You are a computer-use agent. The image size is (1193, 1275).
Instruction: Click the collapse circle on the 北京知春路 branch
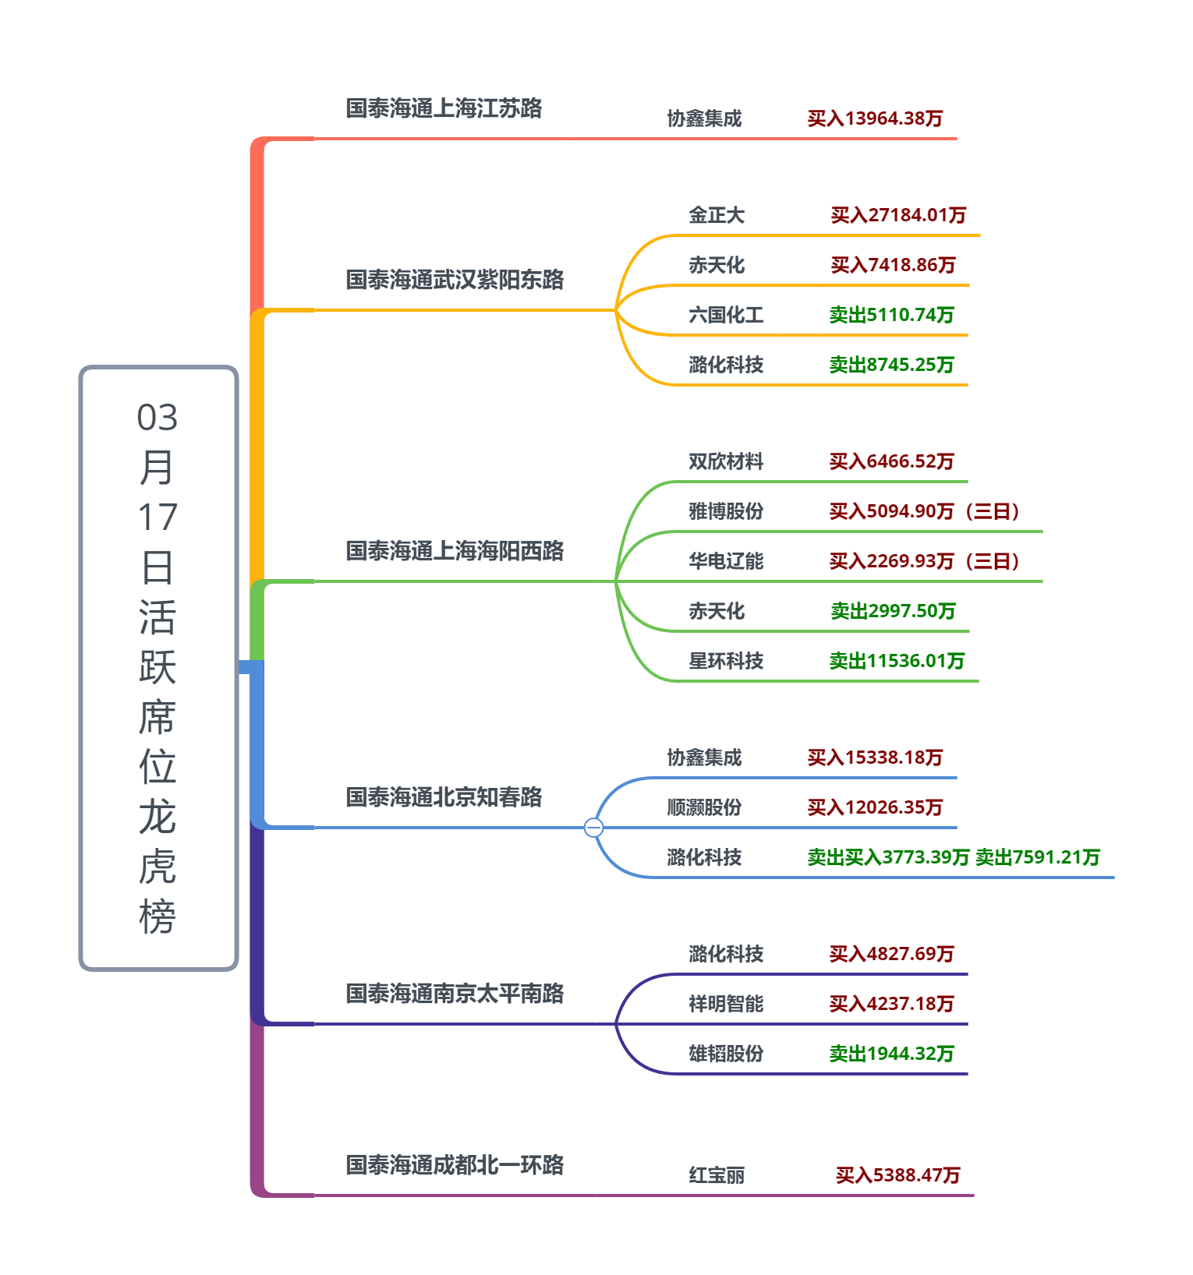[x=593, y=827]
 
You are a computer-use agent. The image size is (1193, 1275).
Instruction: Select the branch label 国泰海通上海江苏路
[x=444, y=108]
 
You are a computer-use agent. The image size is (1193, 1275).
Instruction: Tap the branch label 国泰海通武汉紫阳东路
[x=455, y=280]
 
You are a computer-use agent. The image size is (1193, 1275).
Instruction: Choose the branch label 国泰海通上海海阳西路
[x=455, y=551]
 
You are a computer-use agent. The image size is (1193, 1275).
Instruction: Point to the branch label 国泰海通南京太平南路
[x=455, y=994]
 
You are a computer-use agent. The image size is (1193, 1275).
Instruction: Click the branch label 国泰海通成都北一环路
[x=455, y=1165]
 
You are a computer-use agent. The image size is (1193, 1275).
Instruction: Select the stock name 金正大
[x=717, y=215]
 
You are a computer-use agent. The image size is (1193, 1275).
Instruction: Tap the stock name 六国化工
[x=726, y=315]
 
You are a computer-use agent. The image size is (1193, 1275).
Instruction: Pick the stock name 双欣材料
[x=726, y=461]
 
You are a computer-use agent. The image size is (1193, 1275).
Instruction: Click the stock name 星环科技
[x=726, y=661]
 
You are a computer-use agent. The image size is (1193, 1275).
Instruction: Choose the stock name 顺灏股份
[x=704, y=807]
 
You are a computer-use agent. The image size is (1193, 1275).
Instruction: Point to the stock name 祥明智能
[x=726, y=1004]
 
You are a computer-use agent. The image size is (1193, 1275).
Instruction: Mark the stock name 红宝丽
[x=717, y=1175]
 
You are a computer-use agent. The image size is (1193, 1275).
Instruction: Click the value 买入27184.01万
[x=898, y=215]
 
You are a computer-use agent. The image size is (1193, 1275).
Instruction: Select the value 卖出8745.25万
[x=891, y=365]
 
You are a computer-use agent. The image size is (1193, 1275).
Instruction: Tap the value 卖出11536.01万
[x=897, y=661]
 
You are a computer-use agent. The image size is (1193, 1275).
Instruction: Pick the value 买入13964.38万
[x=875, y=118]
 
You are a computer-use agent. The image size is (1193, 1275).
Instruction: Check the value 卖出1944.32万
[x=891, y=1054]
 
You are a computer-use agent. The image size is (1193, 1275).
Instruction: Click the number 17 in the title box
[x=158, y=517]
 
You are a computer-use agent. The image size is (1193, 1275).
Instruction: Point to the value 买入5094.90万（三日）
[x=925, y=511]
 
